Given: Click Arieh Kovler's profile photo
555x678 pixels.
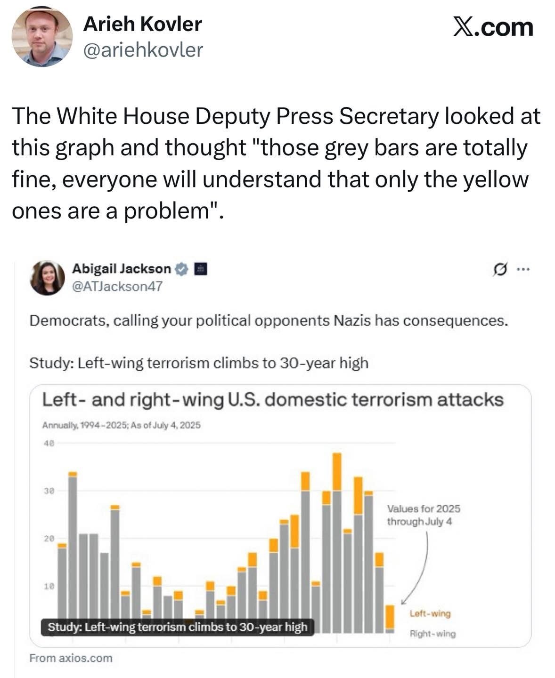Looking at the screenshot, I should [x=42, y=37].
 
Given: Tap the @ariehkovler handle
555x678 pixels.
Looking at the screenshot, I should [x=143, y=49].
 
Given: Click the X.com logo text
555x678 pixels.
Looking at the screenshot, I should [x=493, y=27].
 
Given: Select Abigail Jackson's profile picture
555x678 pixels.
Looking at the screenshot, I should [x=47, y=277].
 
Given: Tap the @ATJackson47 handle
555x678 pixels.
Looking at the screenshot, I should [x=117, y=286].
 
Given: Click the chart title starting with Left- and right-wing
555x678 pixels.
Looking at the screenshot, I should [x=273, y=400].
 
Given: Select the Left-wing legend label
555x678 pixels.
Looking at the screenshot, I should [x=430, y=613].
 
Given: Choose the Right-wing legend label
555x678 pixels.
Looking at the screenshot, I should [x=433, y=634].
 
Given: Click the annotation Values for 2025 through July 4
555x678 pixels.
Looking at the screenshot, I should [x=423, y=515].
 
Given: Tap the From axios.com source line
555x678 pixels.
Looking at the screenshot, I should [x=71, y=658].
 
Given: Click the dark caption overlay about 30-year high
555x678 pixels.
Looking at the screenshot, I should [x=177, y=627].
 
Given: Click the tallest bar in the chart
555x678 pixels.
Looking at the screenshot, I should [x=337, y=541].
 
